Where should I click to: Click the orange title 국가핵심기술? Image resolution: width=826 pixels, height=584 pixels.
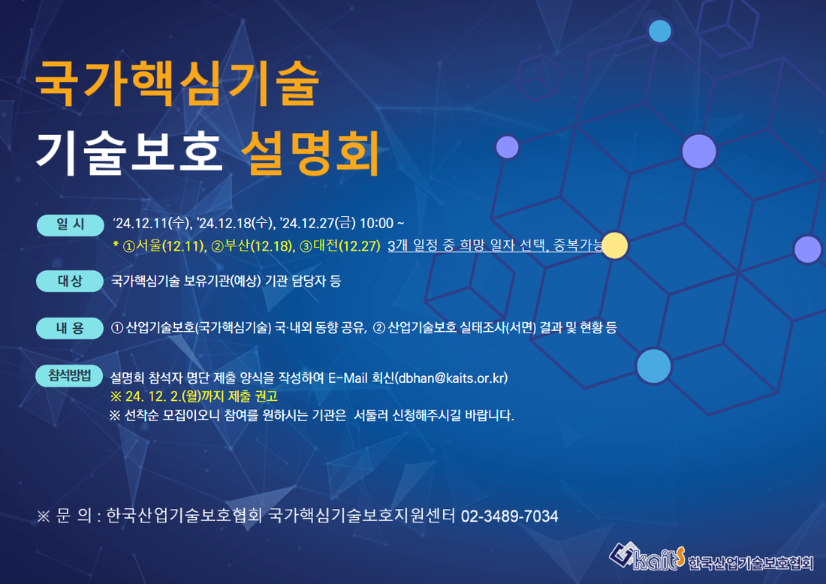click(177, 83)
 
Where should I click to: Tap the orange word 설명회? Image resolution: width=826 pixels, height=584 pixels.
click(309, 152)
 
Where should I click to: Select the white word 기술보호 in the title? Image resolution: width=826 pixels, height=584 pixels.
click(128, 152)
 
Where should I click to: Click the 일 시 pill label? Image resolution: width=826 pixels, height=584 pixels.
click(70, 225)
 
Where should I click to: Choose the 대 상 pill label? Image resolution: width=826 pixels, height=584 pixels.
click(70, 281)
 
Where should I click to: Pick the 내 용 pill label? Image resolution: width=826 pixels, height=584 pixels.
click(70, 328)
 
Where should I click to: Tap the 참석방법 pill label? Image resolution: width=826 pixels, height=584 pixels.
click(69, 375)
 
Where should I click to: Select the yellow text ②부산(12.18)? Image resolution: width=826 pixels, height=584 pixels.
click(253, 246)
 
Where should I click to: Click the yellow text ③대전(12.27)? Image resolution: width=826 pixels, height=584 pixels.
click(339, 246)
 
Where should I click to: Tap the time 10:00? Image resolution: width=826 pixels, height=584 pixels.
click(377, 223)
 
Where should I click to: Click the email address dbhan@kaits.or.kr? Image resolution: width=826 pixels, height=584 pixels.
click(452, 378)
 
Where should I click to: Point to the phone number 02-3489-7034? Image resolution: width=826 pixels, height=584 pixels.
click(509, 516)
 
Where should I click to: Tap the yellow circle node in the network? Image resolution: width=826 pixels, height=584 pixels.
click(615, 245)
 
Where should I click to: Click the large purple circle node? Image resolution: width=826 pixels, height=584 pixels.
click(699, 151)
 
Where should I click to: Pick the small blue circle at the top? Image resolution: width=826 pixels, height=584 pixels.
click(660, 31)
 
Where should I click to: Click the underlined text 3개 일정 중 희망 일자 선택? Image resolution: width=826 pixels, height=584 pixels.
click(469, 245)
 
